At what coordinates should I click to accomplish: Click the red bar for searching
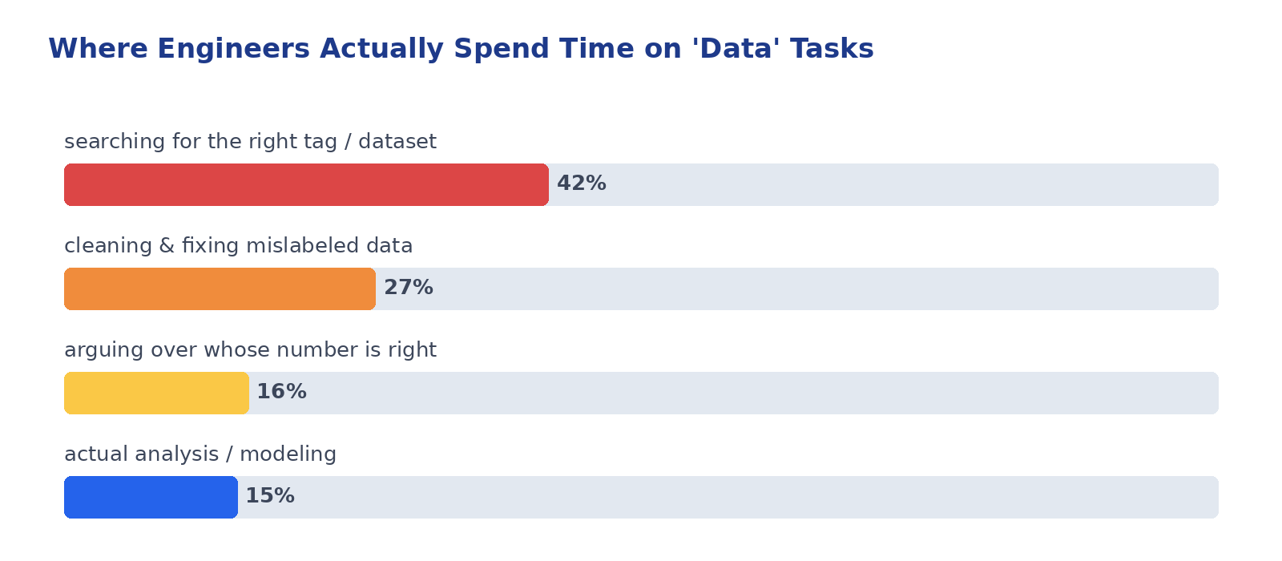pyautogui.click(x=306, y=184)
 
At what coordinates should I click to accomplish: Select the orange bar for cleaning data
pyautogui.click(x=220, y=289)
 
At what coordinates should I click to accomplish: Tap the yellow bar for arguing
pyautogui.click(x=156, y=393)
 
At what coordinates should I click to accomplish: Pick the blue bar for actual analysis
pyautogui.click(x=151, y=497)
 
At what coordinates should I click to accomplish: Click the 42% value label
pyautogui.click(x=582, y=184)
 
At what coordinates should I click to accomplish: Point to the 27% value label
pyautogui.click(x=409, y=288)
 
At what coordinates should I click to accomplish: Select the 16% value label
pyautogui.click(x=281, y=392)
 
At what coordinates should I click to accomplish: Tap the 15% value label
pyautogui.click(x=270, y=496)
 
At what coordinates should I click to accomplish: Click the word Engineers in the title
pyautogui.click(x=233, y=49)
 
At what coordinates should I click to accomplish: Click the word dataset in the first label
pyautogui.click(x=397, y=141)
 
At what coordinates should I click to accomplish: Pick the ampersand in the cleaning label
pyautogui.click(x=167, y=246)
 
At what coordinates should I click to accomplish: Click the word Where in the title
pyautogui.click(x=98, y=48)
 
